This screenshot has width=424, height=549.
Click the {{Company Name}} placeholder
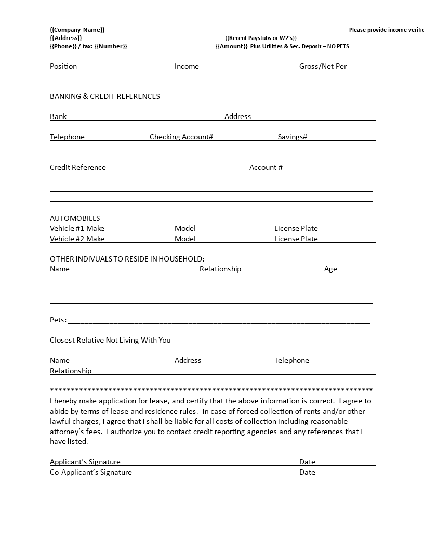pos(77,30)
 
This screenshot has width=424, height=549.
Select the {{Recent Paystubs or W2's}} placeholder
pos(261,38)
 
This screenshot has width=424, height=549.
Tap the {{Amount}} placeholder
pos(232,46)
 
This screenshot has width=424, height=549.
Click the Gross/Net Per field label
pos(323,66)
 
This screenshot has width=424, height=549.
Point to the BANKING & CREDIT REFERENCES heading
pos(105,96)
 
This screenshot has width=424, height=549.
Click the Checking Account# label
pos(181,137)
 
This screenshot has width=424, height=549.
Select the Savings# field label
pos(293,137)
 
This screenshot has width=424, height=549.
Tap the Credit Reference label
pos(78,167)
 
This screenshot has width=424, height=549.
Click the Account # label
pos(266,167)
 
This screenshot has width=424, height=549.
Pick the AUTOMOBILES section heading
pos(75,218)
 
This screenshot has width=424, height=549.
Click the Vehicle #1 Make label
pos(77,228)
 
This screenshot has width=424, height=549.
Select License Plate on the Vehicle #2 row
pos(296,239)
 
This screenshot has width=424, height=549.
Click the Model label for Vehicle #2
pos(185,239)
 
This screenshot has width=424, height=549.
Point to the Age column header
pos(330,269)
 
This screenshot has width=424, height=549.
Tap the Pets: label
pos(58,320)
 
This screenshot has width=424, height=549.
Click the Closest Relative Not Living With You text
pos(110,340)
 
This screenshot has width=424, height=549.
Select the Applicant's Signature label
pos(85,462)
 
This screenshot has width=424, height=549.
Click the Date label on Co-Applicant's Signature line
pos(307,472)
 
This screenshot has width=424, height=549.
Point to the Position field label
pos(63,66)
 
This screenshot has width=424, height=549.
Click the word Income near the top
pos(187,66)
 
